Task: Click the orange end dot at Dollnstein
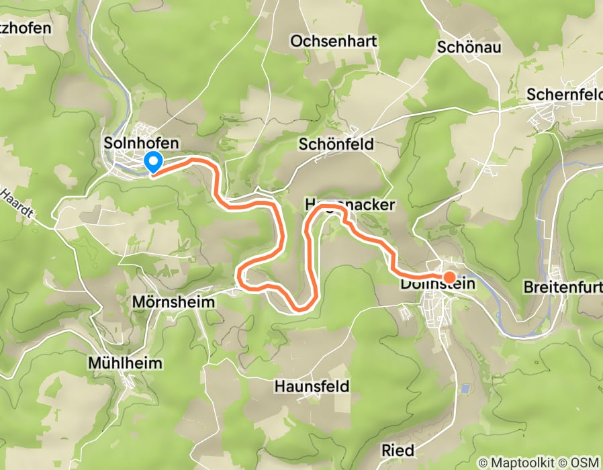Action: [449, 276]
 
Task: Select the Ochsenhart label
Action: [334, 42]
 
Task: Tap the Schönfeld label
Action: [336, 144]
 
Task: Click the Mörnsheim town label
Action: [174, 302]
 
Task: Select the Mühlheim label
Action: [126, 363]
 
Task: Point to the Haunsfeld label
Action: [312, 387]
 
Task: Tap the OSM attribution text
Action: [584, 463]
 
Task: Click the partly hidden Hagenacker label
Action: [349, 205]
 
